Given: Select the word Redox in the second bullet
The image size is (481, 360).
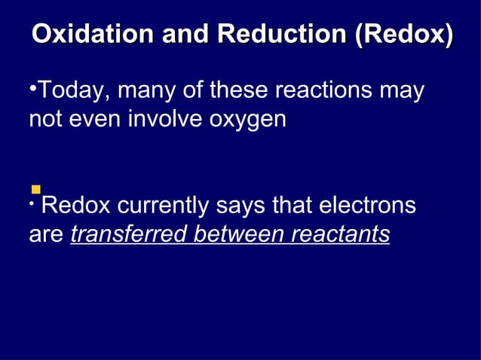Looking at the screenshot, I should tap(75, 206).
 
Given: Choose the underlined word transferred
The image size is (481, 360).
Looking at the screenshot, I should tap(129, 234).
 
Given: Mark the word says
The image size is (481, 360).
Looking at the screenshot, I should tap(241, 206).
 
